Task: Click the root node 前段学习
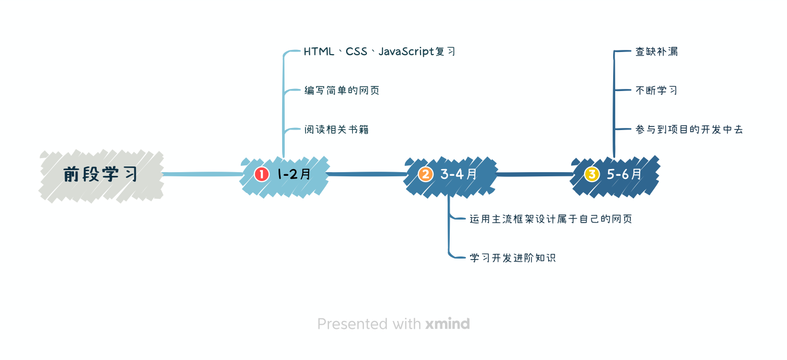[x=100, y=175]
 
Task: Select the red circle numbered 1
[x=261, y=174]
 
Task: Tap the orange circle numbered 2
[x=425, y=174]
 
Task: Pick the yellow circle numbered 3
[x=591, y=174]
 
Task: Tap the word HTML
[x=319, y=52]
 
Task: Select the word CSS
[x=357, y=52]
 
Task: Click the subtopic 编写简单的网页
[x=342, y=91]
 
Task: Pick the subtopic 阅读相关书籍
[x=337, y=130]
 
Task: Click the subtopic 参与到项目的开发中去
[x=689, y=130]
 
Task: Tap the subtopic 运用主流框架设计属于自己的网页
[x=551, y=219]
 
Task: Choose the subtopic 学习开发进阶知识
[x=513, y=258]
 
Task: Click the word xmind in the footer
[x=447, y=324]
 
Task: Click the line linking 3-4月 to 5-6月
[x=534, y=174]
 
